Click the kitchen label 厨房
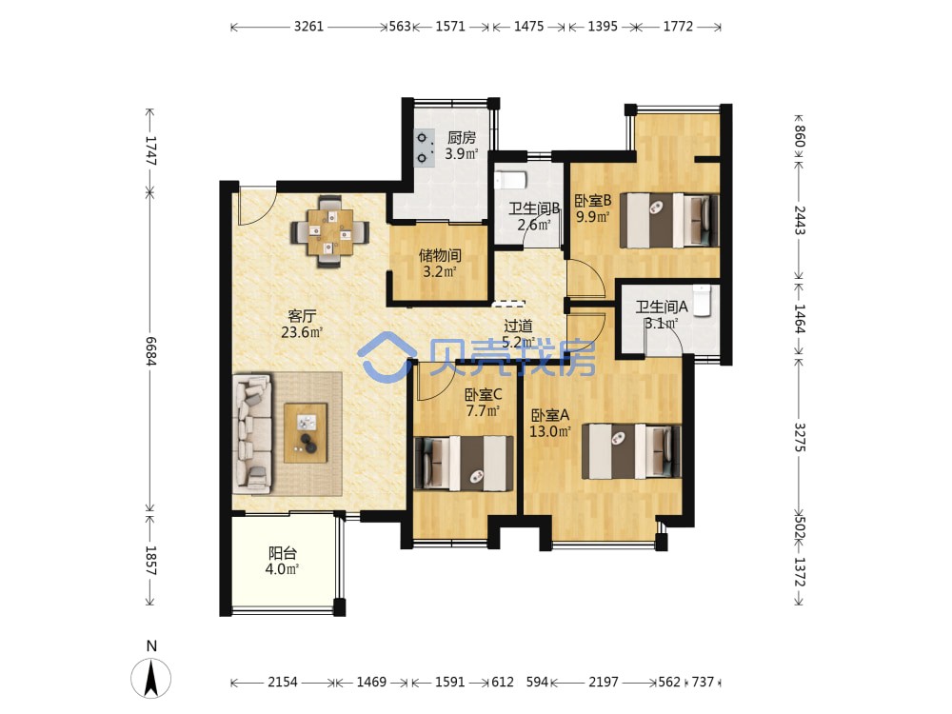[x=462, y=138]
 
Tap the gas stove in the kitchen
[x=424, y=149]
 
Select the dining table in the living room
[x=329, y=231]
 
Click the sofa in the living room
[x=252, y=432]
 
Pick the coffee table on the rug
[x=306, y=433]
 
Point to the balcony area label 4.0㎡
[x=283, y=569]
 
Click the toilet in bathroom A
[x=702, y=300]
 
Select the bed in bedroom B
[x=669, y=221]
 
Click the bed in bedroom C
[x=464, y=464]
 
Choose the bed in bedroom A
[x=631, y=451]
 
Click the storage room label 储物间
[x=440, y=255]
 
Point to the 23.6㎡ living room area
[x=302, y=332]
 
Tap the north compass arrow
[x=151, y=678]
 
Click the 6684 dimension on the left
[x=150, y=351]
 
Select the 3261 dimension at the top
[x=309, y=26]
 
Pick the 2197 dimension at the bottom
[x=604, y=682]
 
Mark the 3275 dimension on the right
[x=799, y=437]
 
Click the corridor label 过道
[x=518, y=327]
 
